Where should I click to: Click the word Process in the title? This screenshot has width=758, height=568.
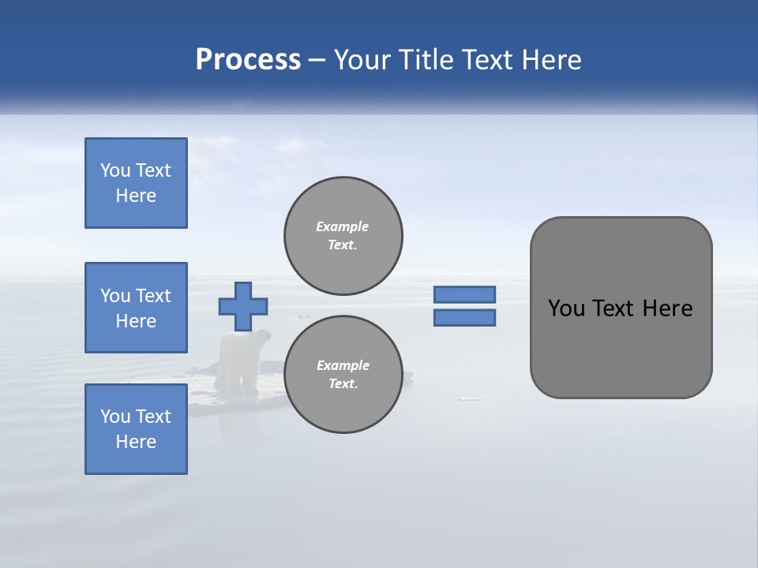pyautogui.click(x=248, y=60)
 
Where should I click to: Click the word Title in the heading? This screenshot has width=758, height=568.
pyautogui.click(x=427, y=60)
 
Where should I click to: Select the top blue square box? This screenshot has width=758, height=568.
pyautogui.click(x=136, y=183)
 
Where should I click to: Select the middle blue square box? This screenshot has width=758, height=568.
pyautogui.click(x=136, y=308)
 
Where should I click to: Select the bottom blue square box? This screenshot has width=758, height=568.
pyautogui.click(x=136, y=429)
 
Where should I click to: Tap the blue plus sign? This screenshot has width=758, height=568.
pyautogui.click(x=243, y=306)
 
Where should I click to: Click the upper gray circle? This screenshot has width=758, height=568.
pyautogui.click(x=343, y=236)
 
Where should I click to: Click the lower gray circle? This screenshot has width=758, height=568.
pyautogui.click(x=343, y=375)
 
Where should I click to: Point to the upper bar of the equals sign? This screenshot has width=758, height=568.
pyautogui.click(x=465, y=294)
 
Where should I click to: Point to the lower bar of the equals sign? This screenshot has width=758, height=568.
pyautogui.click(x=465, y=318)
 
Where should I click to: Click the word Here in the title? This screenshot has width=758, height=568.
pyautogui.click(x=551, y=60)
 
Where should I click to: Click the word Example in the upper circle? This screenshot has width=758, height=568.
pyautogui.click(x=342, y=226)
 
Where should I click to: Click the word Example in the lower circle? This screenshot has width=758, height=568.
pyautogui.click(x=342, y=365)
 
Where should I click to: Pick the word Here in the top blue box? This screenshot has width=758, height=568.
pyautogui.click(x=136, y=196)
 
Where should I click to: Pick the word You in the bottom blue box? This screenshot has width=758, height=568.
pyautogui.click(x=114, y=417)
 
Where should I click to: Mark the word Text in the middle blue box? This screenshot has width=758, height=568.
pyautogui.click(x=153, y=296)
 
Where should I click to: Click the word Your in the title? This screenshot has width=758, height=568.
pyautogui.click(x=363, y=60)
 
